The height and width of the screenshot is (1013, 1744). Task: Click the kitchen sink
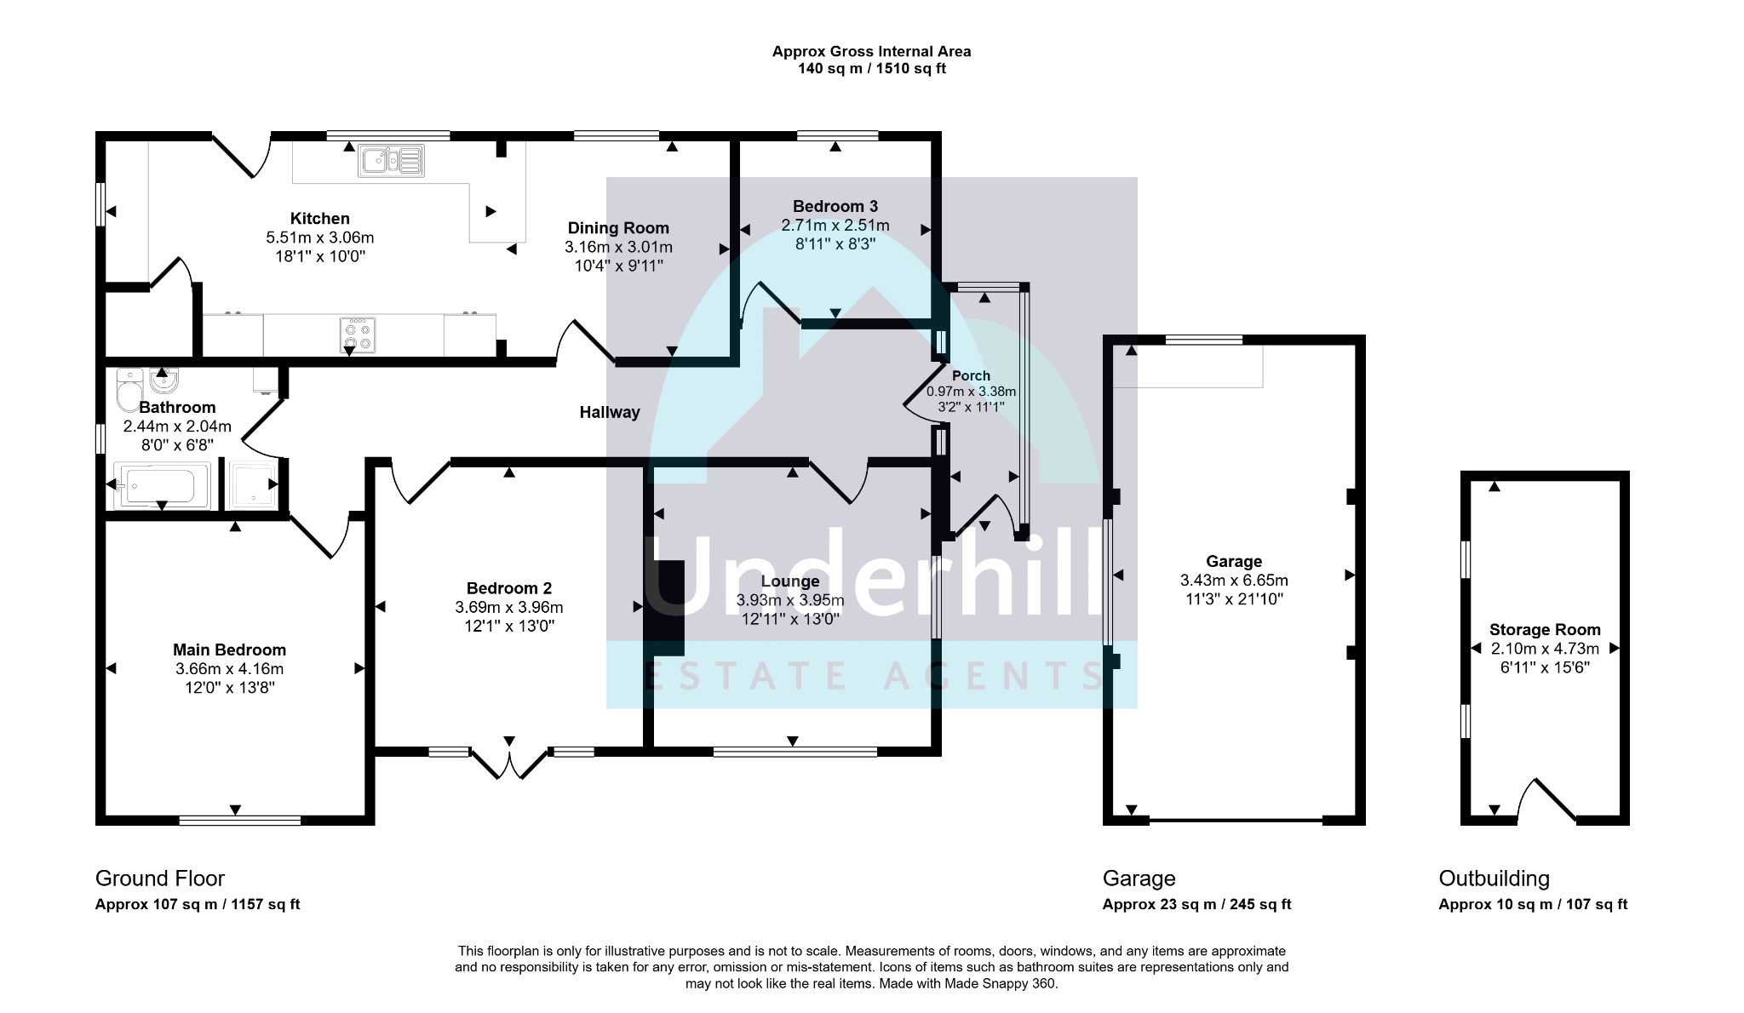click(391, 160)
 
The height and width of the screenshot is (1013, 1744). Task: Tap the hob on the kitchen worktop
click(358, 335)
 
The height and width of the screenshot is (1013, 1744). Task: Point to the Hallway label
click(610, 412)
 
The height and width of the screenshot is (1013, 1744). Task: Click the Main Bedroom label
click(229, 650)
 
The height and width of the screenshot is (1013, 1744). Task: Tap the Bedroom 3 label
click(835, 206)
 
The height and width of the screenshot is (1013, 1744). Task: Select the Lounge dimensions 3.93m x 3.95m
click(790, 600)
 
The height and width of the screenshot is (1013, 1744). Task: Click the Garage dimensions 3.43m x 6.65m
click(1234, 581)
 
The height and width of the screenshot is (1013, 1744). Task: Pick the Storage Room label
click(1545, 630)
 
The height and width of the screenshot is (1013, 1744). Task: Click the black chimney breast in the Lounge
click(664, 608)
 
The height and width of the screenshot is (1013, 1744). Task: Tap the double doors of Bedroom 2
click(509, 764)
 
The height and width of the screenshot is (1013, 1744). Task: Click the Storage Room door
click(1547, 801)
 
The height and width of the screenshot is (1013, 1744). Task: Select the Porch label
click(971, 375)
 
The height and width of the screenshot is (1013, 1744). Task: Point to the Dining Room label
click(618, 228)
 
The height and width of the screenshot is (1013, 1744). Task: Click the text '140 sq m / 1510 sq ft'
click(871, 69)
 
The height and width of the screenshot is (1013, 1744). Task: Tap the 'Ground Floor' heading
click(160, 879)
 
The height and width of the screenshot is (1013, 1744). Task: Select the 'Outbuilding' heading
click(1494, 879)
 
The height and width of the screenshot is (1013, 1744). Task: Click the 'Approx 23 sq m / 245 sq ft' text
click(1196, 905)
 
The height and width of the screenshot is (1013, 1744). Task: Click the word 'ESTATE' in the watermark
click(746, 677)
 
